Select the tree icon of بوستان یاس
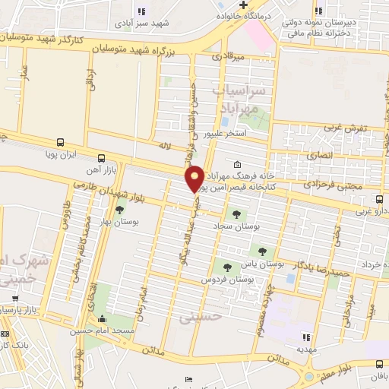tap(262, 251)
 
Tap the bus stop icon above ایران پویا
tap(59, 142)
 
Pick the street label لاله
tap(162, 143)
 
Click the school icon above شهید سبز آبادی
tap(141, 11)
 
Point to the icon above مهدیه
tap(306, 337)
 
